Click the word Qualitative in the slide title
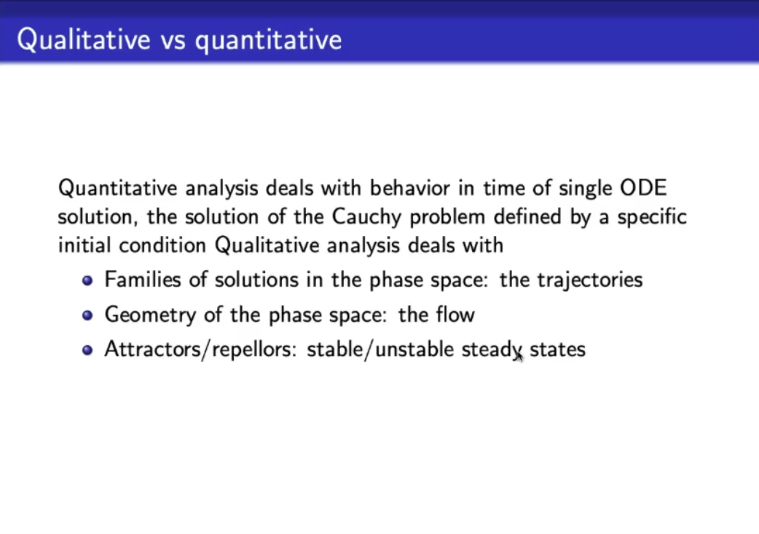(x=84, y=39)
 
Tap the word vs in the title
(x=173, y=41)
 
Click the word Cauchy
(x=366, y=217)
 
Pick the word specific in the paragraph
(x=652, y=217)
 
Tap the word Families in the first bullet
(x=143, y=279)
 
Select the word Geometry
(x=150, y=315)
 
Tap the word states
(x=558, y=350)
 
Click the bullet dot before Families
(x=87, y=280)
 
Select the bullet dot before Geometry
(x=87, y=315)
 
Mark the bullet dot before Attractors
(x=87, y=350)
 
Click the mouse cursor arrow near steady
(x=519, y=356)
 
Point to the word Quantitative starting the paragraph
(x=117, y=188)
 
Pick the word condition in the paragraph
(x=162, y=246)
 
